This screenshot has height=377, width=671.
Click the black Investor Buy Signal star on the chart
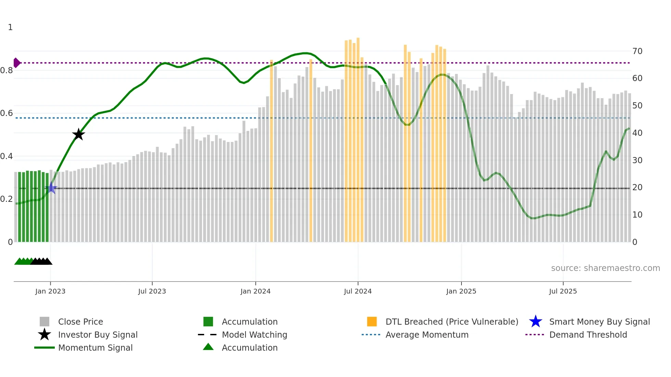coord(78,134)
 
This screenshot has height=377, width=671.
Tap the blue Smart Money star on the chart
coord(51,188)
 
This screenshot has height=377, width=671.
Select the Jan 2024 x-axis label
coord(255,291)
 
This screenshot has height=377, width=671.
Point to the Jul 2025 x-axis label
coord(563,291)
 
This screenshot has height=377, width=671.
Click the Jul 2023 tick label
coord(152,291)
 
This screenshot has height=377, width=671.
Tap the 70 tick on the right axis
coord(637,51)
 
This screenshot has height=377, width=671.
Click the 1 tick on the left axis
coord(10,27)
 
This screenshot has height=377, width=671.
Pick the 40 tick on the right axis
coord(637,133)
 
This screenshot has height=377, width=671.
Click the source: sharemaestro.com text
coord(605,268)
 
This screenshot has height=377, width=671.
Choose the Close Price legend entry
coord(80,322)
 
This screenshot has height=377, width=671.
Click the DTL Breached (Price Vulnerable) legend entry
coord(452,322)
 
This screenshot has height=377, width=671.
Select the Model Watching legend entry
coord(254,335)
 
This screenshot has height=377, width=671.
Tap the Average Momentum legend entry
coord(427,335)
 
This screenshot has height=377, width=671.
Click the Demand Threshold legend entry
coord(588,335)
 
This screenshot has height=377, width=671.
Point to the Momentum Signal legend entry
coord(95,348)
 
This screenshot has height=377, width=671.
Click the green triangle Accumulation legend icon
coord(208,347)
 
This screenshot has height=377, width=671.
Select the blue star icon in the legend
coord(535,322)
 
